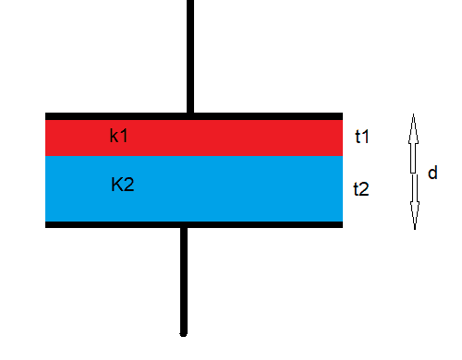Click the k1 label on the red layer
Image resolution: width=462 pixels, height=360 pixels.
pyautogui.click(x=118, y=136)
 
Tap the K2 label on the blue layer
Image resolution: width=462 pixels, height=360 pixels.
pyautogui.click(x=123, y=185)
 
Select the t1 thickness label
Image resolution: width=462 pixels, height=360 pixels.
pyautogui.click(x=362, y=137)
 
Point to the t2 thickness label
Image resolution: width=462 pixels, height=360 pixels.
pyautogui.click(x=361, y=189)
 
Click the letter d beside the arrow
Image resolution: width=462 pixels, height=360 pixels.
pyautogui.click(x=432, y=173)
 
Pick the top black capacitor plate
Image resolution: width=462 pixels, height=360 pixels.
pyautogui.click(x=194, y=116)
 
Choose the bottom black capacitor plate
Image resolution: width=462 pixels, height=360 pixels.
pyautogui.click(x=194, y=224)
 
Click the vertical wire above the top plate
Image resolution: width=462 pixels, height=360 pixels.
pyautogui.click(x=190, y=56)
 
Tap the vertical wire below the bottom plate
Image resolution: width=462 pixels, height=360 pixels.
pyautogui.click(x=184, y=282)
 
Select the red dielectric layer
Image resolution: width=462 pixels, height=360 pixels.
pyautogui.click(x=194, y=138)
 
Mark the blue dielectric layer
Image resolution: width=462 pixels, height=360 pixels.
pyautogui.click(x=194, y=188)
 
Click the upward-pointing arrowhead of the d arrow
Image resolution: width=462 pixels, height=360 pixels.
pyautogui.click(x=413, y=128)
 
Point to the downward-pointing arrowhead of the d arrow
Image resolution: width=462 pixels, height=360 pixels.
pyautogui.click(x=415, y=215)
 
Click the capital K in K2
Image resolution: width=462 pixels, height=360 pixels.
pyautogui.click(x=116, y=185)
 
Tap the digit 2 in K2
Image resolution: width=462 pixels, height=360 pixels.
pyautogui.click(x=129, y=185)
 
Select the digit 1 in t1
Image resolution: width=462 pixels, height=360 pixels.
pyautogui.click(x=365, y=137)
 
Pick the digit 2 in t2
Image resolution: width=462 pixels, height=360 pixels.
pyautogui.click(x=364, y=189)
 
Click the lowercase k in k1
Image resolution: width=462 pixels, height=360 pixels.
pyautogui.click(x=114, y=136)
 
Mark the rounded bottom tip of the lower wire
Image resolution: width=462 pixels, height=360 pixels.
pyautogui.click(x=184, y=335)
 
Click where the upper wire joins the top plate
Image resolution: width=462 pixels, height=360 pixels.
pyautogui.click(x=190, y=113)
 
